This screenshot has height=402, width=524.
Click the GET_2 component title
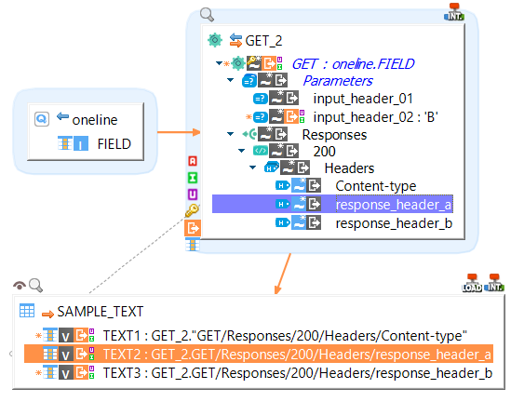click(263, 41)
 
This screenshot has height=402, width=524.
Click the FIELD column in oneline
click(114, 144)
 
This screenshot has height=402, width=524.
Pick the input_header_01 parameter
click(363, 99)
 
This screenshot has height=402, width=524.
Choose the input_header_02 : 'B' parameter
click(376, 116)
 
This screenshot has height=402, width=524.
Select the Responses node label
click(335, 134)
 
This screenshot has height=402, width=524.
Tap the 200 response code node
click(324, 151)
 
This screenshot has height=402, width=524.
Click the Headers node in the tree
click(349, 168)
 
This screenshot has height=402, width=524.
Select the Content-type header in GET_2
click(376, 186)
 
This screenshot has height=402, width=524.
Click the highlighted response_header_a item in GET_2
click(394, 205)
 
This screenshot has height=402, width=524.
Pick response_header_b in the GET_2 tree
click(394, 222)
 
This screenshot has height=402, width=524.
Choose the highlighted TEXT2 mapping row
click(297, 355)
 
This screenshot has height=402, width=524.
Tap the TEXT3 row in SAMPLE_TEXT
click(297, 374)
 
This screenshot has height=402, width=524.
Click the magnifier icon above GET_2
click(208, 15)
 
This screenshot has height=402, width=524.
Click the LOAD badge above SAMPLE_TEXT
click(472, 283)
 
